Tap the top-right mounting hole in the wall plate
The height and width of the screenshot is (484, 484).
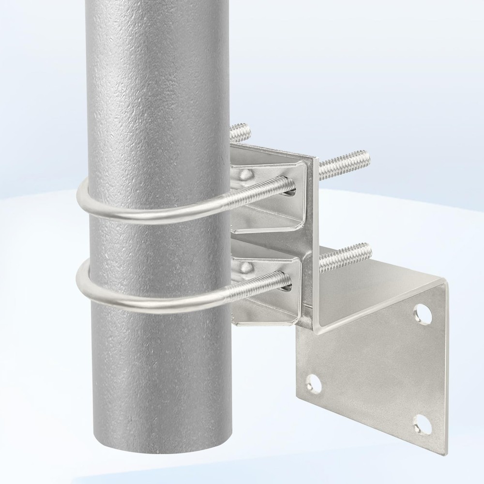[x=423, y=314]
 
